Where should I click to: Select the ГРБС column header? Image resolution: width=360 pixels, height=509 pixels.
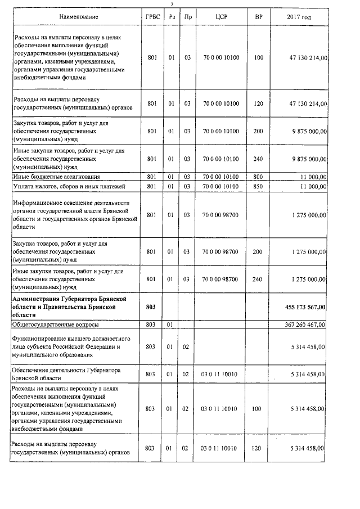point(151,17)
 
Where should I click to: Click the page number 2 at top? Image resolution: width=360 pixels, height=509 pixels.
point(180,4)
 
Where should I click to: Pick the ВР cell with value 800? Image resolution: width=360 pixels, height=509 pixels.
point(258,177)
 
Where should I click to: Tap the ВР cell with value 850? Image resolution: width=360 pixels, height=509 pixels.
point(258,186)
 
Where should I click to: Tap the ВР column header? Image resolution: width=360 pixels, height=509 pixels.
point(258,17)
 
